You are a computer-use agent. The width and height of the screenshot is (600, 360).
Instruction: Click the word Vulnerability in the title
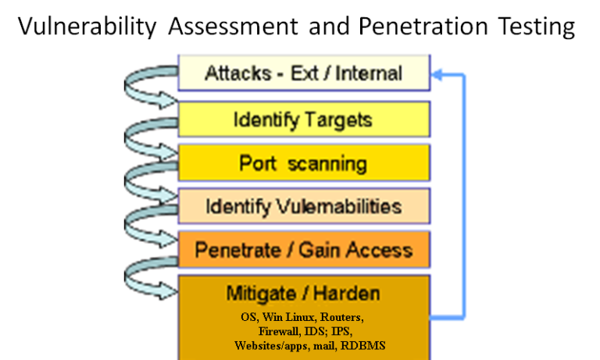tap(87, 27)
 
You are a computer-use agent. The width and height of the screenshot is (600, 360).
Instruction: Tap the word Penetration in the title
tap(423, 26)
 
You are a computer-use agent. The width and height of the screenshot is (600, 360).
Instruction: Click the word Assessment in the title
tap(233, 26)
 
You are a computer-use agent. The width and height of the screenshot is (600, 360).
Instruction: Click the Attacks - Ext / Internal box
tap(304, 73)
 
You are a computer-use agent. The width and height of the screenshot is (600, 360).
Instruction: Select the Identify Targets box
tap(304, 119)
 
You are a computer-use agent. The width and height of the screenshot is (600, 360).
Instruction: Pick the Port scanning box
tap(304, 162)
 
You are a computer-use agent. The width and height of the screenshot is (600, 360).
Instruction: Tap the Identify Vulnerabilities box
tap(304, 206)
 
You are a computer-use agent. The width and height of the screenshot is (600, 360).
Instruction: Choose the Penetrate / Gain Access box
tap(304, 249)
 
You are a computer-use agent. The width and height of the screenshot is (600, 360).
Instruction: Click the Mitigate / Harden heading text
tap(303, 294)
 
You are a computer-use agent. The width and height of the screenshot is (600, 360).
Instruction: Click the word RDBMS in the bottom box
tap(362, 346)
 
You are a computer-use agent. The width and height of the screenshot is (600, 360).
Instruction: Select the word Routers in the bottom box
tap(341, 317)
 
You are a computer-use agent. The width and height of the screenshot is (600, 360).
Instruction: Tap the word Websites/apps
tap(270, 346)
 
